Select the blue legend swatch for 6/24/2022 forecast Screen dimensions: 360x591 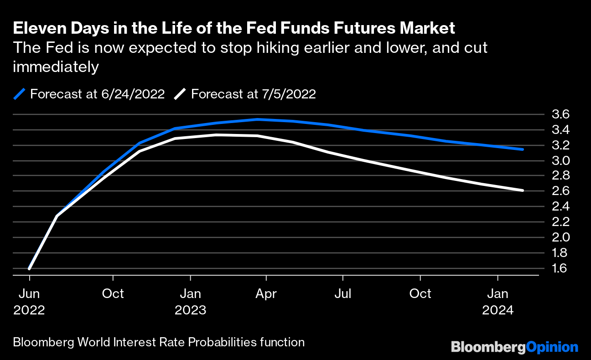tap(19, 94)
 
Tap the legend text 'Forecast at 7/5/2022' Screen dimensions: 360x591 tap(253, 94)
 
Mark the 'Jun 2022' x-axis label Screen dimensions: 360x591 tap(29, 302)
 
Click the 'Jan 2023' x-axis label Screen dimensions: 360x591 tap(191, 302)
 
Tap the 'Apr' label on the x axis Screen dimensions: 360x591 tap(266, 294)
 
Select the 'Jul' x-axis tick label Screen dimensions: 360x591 tap(342, 294)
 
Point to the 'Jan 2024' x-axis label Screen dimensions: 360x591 tap(498, 302)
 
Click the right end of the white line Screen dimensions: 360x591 tap(523, 190)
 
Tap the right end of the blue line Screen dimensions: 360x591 tap(523, 149)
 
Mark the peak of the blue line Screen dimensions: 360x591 tap(258, 119)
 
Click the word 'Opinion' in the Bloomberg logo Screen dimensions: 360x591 tap(552, 347)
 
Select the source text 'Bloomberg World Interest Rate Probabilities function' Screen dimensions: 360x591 tap(159, 342)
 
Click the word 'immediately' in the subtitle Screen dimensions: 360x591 tap(56, 67)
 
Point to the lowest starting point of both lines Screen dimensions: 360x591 tap(30, 268)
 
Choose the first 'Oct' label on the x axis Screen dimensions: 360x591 tap(113, 294)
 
